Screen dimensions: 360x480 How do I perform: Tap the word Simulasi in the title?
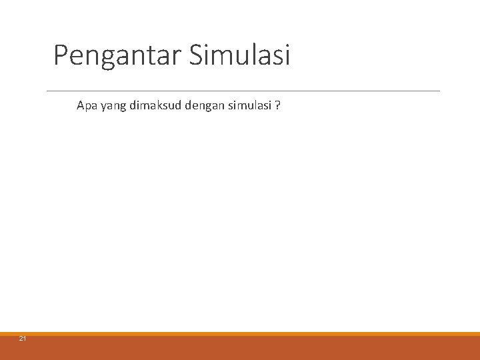(x=240, y=55)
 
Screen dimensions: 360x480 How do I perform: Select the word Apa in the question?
(x=86, y=105)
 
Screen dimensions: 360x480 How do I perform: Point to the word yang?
(x=111, y=106)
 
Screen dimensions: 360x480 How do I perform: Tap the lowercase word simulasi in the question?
(x=246, y=105)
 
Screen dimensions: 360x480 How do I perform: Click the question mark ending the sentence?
(x=277, y=105)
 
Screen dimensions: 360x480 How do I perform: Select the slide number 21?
(x=23, y=339)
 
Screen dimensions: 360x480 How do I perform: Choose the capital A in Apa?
(x=81, y=105)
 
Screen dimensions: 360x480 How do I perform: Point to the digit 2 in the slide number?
(x=21, y=339)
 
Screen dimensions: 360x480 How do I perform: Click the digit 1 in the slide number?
(x=25, y=339)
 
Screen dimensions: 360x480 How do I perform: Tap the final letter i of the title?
(x=287, y=55)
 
